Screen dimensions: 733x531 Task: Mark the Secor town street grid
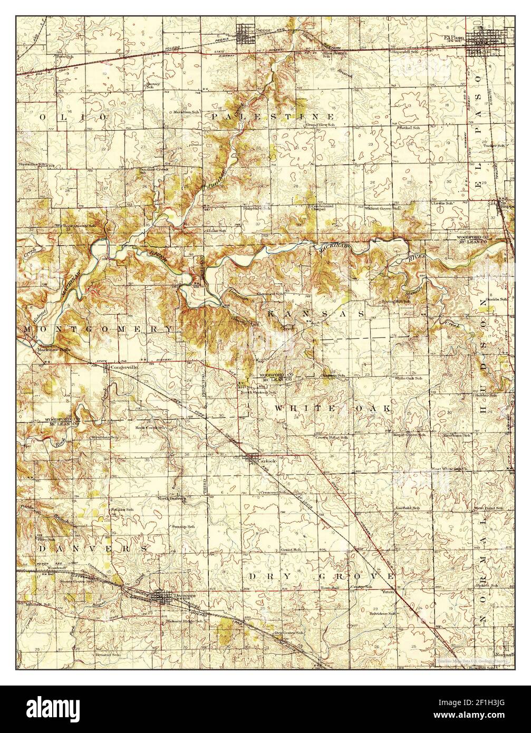tap(245, 35)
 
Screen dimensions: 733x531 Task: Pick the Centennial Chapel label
tap(321, 207)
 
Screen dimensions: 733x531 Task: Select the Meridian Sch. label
tap(187, 112)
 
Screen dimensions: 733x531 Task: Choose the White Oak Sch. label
tap(408, 378)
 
